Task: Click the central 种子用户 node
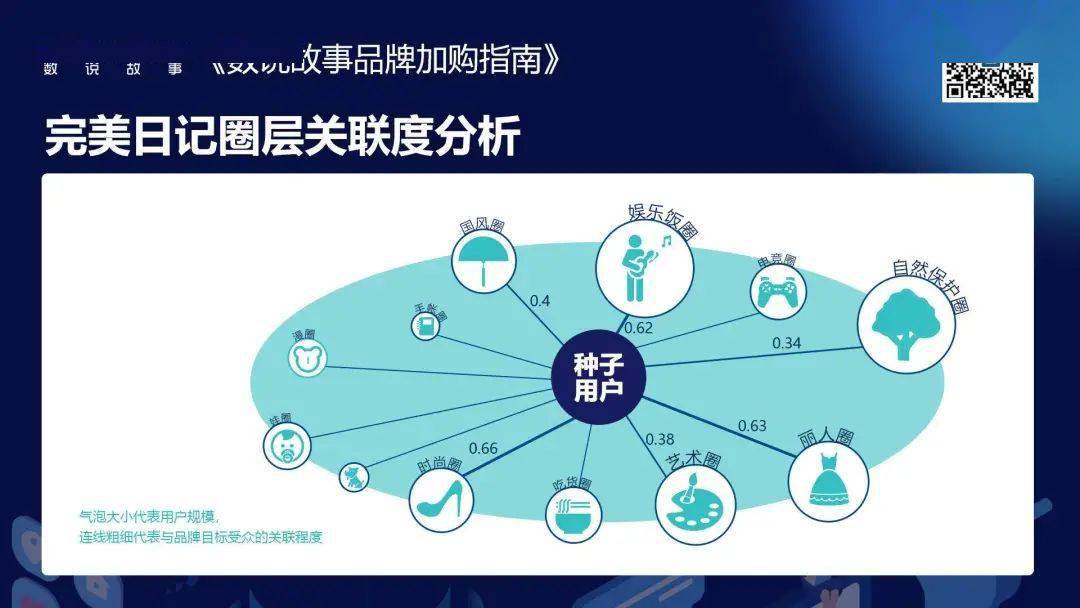pyautogui.click(x=599, y=377)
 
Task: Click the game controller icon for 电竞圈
pyautogui.click(x=779, y=293)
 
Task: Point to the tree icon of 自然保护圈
pyautogui.click(x=906, y=323)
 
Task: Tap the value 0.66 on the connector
pyautogui.click(x=483, y=448)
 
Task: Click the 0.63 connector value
pyautogui.click(x=752, y=426)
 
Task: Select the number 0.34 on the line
pyautogui.click(x=786, y=343)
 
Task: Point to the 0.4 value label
pyautogui.click(x=540, y=300)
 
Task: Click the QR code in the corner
pyautogui.click(x=989, y=82)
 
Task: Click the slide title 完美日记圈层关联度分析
pyautogui.click(x=283, y=137)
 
